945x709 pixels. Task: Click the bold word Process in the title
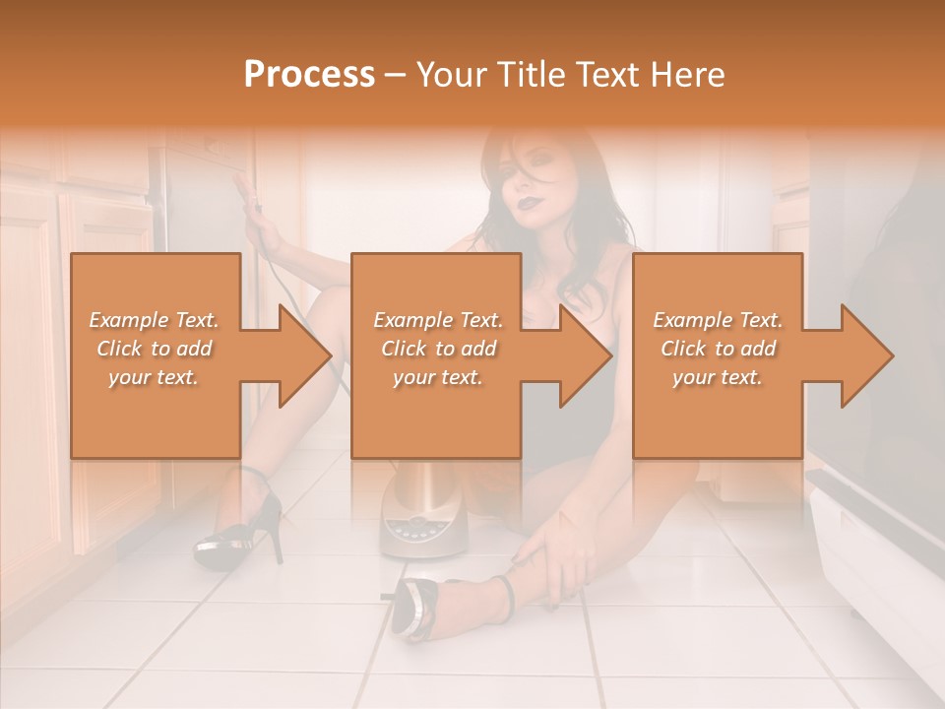click(309, 75)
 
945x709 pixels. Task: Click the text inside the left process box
click(154, 349)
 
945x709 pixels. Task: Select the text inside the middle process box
click(437, 349)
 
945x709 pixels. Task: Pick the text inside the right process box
click(717, 349)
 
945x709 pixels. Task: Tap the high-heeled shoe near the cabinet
click(241, 527)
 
